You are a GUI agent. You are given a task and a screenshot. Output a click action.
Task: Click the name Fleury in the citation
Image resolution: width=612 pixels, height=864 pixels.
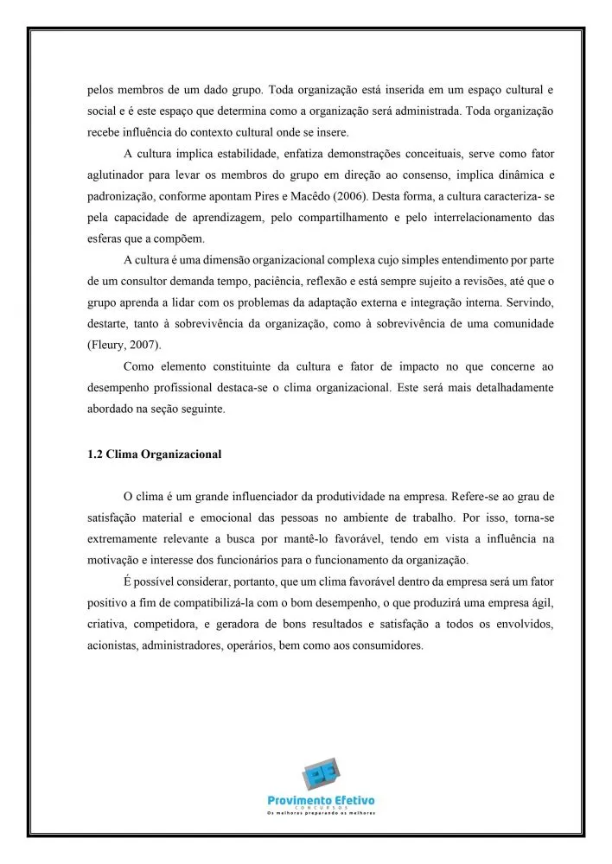click(108, 345)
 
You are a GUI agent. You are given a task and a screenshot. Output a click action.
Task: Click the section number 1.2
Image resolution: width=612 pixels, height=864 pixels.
click(96, 454)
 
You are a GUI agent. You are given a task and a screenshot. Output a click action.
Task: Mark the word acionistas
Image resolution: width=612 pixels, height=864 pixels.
click(113, 645)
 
